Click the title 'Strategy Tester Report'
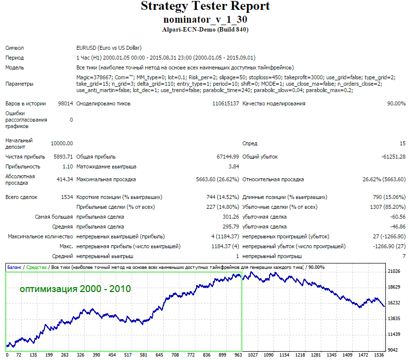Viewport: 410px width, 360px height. pos(205,6)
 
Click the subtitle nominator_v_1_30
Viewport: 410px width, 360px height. pos(205,19)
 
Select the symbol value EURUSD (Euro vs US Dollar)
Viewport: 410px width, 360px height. pos(109,48)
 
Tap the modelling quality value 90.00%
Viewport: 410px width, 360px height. pos(396,103)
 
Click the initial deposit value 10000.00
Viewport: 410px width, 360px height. pos(62,143)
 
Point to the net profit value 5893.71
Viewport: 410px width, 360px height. pos(63,157)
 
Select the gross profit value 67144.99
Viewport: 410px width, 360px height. pos(228,157)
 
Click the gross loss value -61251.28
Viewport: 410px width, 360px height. pos(394,157)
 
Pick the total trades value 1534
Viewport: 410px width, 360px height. pos(67,197)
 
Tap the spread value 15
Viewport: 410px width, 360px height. pos(403,143)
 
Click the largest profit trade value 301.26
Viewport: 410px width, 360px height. pos(231,217)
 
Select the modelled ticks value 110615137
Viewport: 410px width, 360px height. pos(226,103)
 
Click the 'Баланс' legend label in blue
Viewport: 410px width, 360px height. pos(14,267)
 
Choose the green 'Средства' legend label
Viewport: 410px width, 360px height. pos(36,267)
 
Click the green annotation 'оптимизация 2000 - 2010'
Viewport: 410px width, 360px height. pos(75,289)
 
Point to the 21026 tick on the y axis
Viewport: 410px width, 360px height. pos(394,271)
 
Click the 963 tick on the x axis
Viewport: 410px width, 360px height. pos(238,355)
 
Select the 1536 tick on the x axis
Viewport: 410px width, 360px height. pos(379,355)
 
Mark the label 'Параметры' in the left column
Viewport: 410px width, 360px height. pos(19,84)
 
